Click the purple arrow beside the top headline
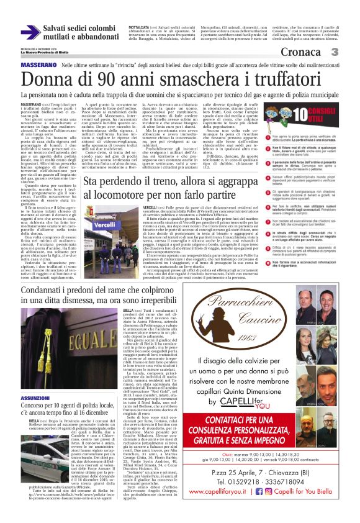30,32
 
